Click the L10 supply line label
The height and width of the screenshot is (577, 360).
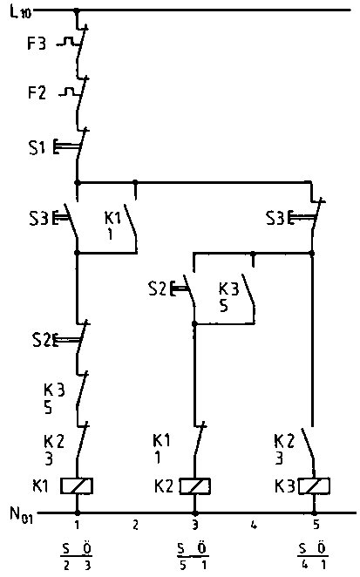[21, 12]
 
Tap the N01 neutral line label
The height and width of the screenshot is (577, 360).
[21, 514]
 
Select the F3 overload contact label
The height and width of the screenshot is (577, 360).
[37, 44]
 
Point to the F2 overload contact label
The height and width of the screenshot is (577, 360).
[37, 92]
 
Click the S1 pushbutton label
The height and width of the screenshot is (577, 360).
[37, 147]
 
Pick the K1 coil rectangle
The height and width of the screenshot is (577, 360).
[77, 485]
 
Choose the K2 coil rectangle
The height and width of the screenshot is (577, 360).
[194, 486]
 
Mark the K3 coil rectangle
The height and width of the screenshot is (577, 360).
[314, 485]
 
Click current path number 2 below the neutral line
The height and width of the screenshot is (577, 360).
[135, 525]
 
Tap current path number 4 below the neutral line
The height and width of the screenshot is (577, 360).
[254, 525]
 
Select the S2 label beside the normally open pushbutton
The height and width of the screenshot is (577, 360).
[157, 288]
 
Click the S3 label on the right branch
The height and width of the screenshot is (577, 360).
[275, 218]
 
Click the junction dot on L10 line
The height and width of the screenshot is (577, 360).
[77, 11]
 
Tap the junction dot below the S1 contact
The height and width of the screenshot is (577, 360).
[77, 182]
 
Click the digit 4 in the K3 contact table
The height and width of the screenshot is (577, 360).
[304, 565]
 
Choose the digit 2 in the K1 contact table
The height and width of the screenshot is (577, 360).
[66, 565]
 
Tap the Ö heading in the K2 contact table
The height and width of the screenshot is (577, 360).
[202, 548]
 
